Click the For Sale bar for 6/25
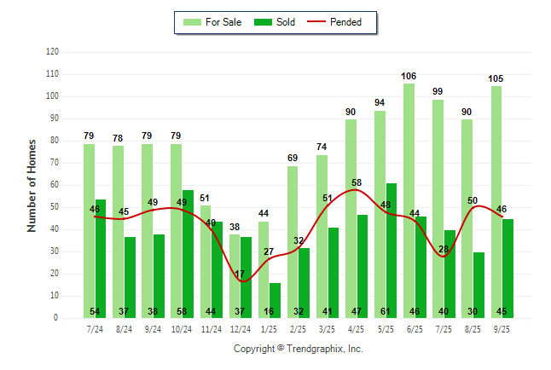(409, 200)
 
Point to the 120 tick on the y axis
(52, 52)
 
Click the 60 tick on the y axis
(55, 185)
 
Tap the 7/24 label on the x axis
(95, 328)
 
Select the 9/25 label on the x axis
(502, 328)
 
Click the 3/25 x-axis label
(328, 328)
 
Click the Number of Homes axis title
(32, 185)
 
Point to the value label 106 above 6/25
(409, 77)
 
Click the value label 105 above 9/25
(496, 79)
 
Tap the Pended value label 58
(357, 183)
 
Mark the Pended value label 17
(240, 274)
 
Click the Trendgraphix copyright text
(299, 349)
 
